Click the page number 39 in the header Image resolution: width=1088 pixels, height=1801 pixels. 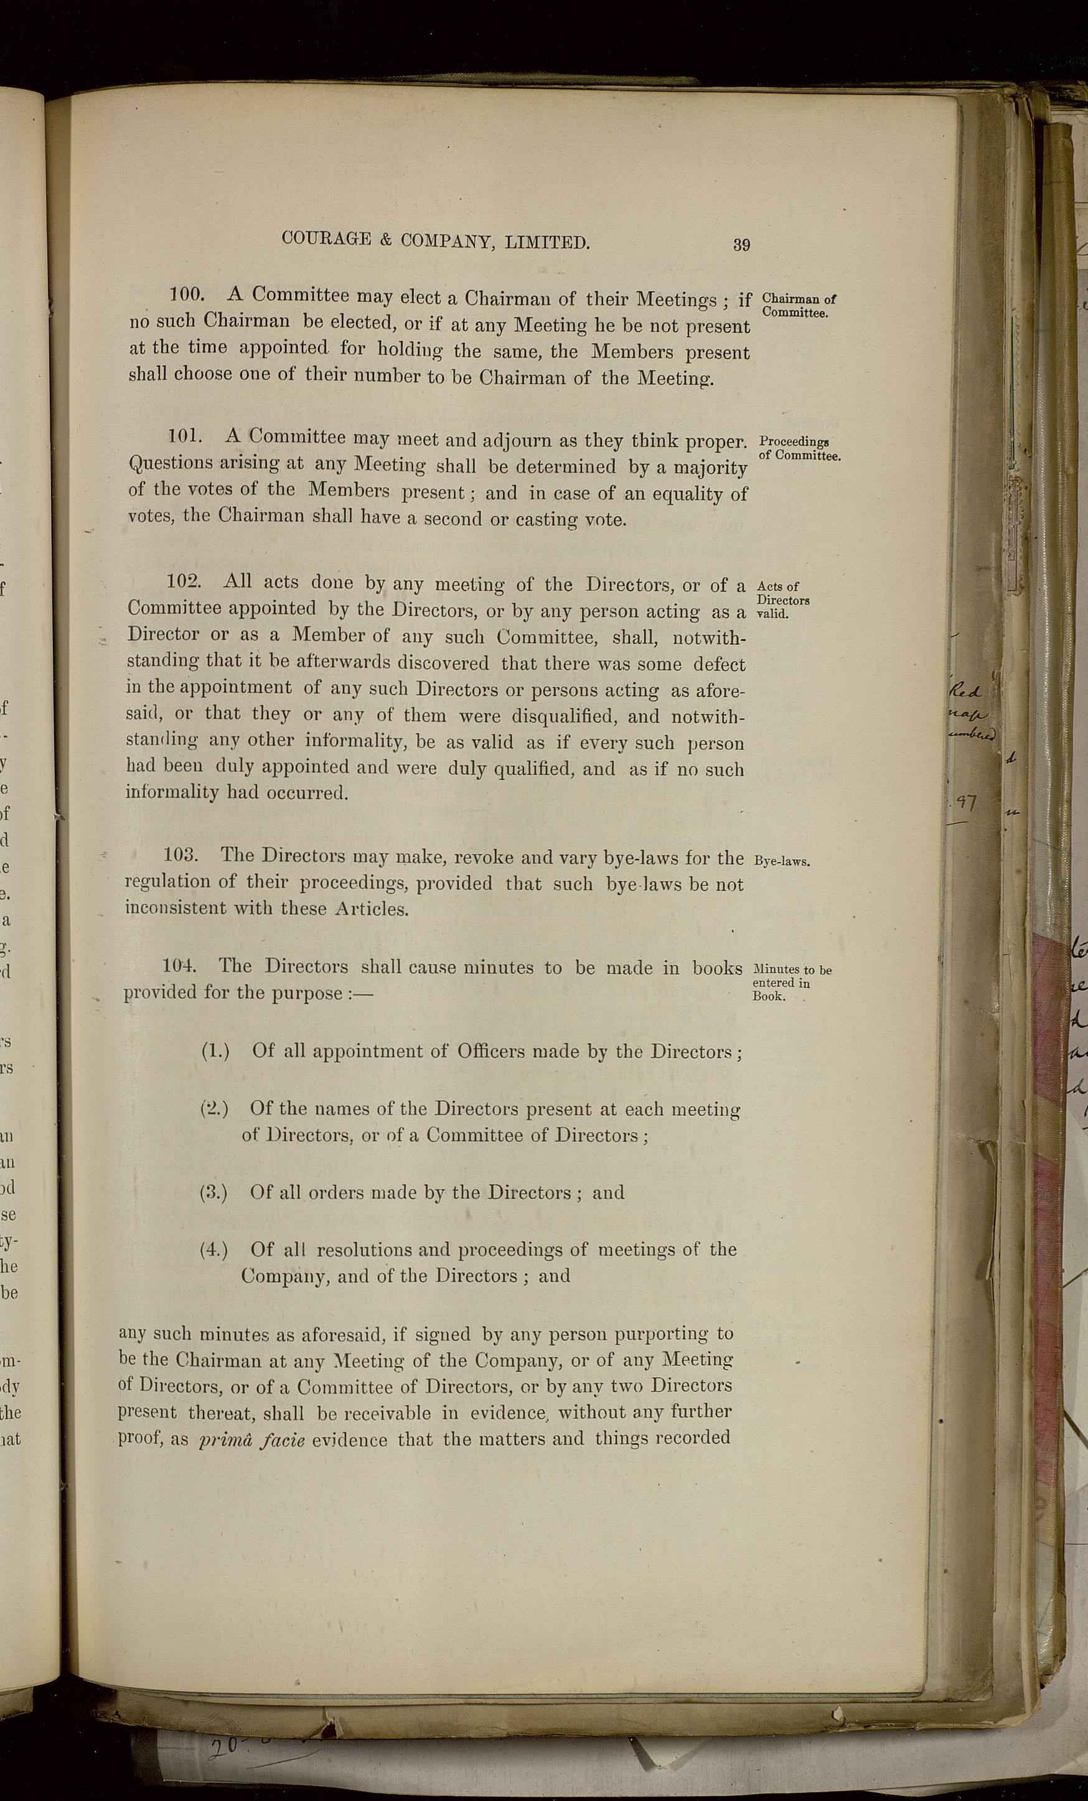[741, 245]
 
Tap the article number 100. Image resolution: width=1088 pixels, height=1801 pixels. [187, 294]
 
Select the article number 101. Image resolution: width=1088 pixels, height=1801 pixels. [185, 436]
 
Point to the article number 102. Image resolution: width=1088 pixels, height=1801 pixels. [184, 581]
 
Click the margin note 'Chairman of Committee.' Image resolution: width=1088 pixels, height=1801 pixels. [799, 306]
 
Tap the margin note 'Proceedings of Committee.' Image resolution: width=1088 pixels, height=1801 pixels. [799, 448]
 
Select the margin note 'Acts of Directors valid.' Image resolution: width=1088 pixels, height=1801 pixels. [782, 599]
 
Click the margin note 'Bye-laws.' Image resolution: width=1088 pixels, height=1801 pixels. [782, 861]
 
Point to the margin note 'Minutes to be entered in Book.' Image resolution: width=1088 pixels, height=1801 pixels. [791, 983]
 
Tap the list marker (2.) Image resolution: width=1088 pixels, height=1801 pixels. [214, 1108]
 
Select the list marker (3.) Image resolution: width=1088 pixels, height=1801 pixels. [213, 1192]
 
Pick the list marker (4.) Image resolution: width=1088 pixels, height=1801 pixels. [213, 1249]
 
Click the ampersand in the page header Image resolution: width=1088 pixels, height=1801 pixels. [384, 240]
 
